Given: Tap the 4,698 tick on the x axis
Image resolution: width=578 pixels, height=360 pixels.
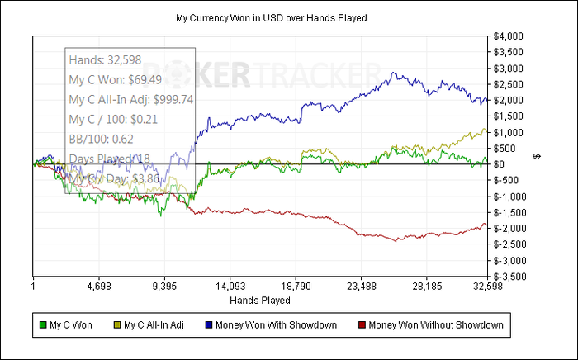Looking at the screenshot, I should point(98,287).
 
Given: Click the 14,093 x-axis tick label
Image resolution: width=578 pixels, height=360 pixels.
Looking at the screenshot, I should point(230,287).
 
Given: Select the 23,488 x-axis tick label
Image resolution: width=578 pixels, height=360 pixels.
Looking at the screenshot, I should point(362,287).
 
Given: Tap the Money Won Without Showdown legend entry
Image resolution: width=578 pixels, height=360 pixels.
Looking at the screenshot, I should point(435,324).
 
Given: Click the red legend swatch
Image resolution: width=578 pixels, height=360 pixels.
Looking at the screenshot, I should point(361,324).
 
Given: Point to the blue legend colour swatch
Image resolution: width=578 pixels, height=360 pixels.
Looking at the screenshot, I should point(209,324).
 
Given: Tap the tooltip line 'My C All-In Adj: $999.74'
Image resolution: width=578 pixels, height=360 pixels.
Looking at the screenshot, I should point(130,99).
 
